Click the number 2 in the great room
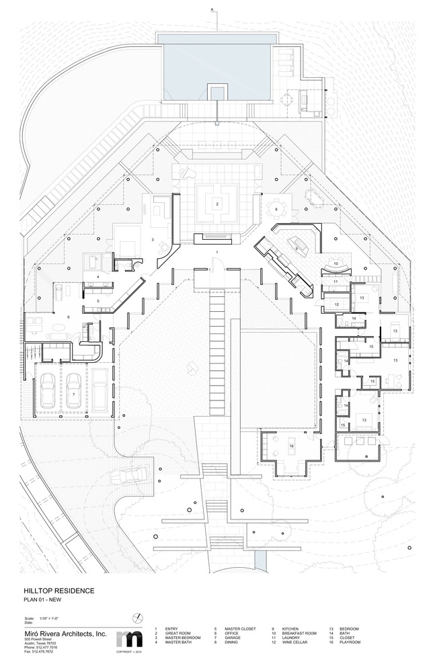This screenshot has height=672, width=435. click(x=217, y=202)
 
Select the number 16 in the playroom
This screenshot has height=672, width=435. click(x=292, y=446)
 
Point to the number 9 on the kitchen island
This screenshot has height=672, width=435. click(x=295, y=249)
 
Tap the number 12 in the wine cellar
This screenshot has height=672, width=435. click(x=335, y=304)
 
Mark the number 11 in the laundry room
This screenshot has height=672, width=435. click(x=335, y=282)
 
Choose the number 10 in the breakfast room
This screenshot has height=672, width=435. click(x=335, y=263)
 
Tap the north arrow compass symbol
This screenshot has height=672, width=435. click(x=137, y=618)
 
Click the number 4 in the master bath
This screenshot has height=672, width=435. click(x=97, y=276)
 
